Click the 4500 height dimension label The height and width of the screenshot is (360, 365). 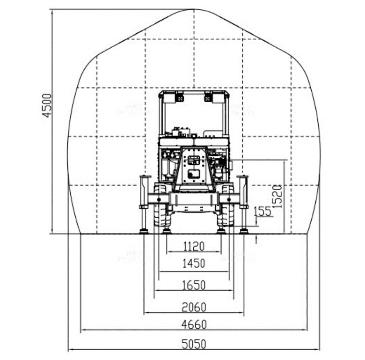(47, 105)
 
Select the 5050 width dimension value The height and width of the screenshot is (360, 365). (194, 344)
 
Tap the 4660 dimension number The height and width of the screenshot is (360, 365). (194, 324)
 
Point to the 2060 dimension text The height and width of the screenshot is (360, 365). (194, 307)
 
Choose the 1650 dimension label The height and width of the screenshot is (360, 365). (194, 285)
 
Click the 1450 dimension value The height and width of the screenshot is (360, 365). (194, 264)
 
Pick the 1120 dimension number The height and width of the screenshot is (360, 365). (194, 246)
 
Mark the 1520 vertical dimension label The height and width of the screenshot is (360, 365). (277, 196)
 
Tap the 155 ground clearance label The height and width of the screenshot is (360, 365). (263, 212)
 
